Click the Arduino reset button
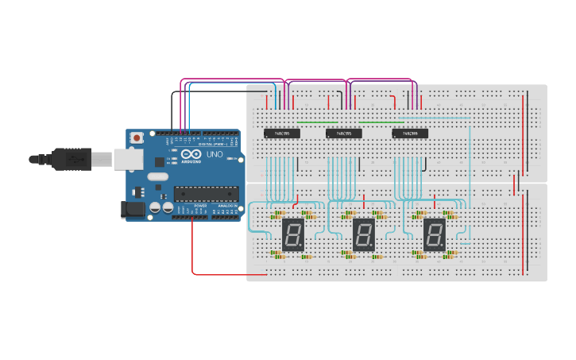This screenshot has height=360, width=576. click(x=137, y=137)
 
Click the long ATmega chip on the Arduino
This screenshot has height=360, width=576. click(x=207, y=193)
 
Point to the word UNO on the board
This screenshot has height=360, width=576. click(x=215, y=154)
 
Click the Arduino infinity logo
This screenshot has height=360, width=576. click(x=191, y=153)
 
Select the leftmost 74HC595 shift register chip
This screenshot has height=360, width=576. click(x=281, y=134)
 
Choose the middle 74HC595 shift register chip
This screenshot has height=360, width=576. click(x=344, y=134)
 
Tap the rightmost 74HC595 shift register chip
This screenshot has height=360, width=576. click(x=410, y=134)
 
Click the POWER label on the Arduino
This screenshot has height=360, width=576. click(x=200, y=206)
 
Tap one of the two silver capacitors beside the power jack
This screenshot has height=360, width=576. click(x=155, y=207)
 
